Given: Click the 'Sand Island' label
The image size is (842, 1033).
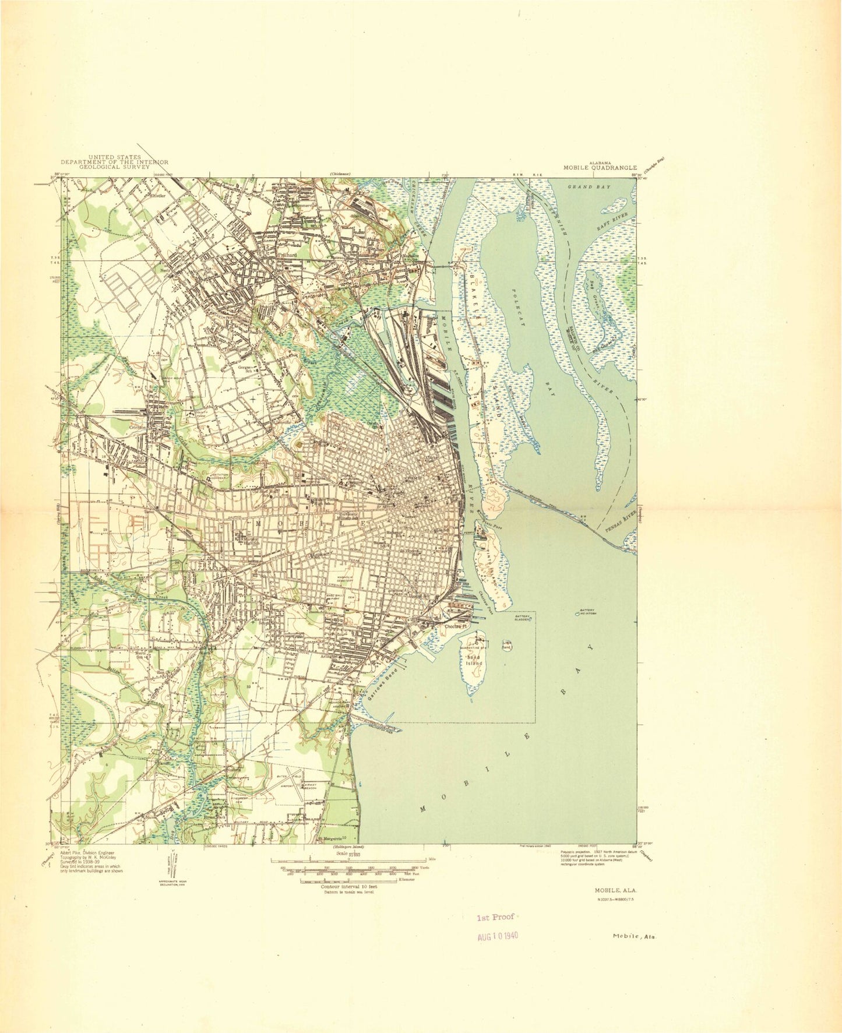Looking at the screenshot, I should pyautogui.click(x=474, y=660).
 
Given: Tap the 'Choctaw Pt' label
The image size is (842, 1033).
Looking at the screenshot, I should pyautogui.click(x=456, y=626).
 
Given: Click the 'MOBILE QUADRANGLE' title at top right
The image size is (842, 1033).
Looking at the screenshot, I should pyautogui.click(x=600, y=168).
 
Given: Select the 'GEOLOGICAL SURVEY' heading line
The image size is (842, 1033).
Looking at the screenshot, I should pyautogui.click(x=115, y=167).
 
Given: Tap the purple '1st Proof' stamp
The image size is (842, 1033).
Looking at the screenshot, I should pyautogui.click(x=495, y=916).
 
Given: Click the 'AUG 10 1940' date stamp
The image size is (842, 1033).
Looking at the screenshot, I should pyautogui.click(x=498, y=936).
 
